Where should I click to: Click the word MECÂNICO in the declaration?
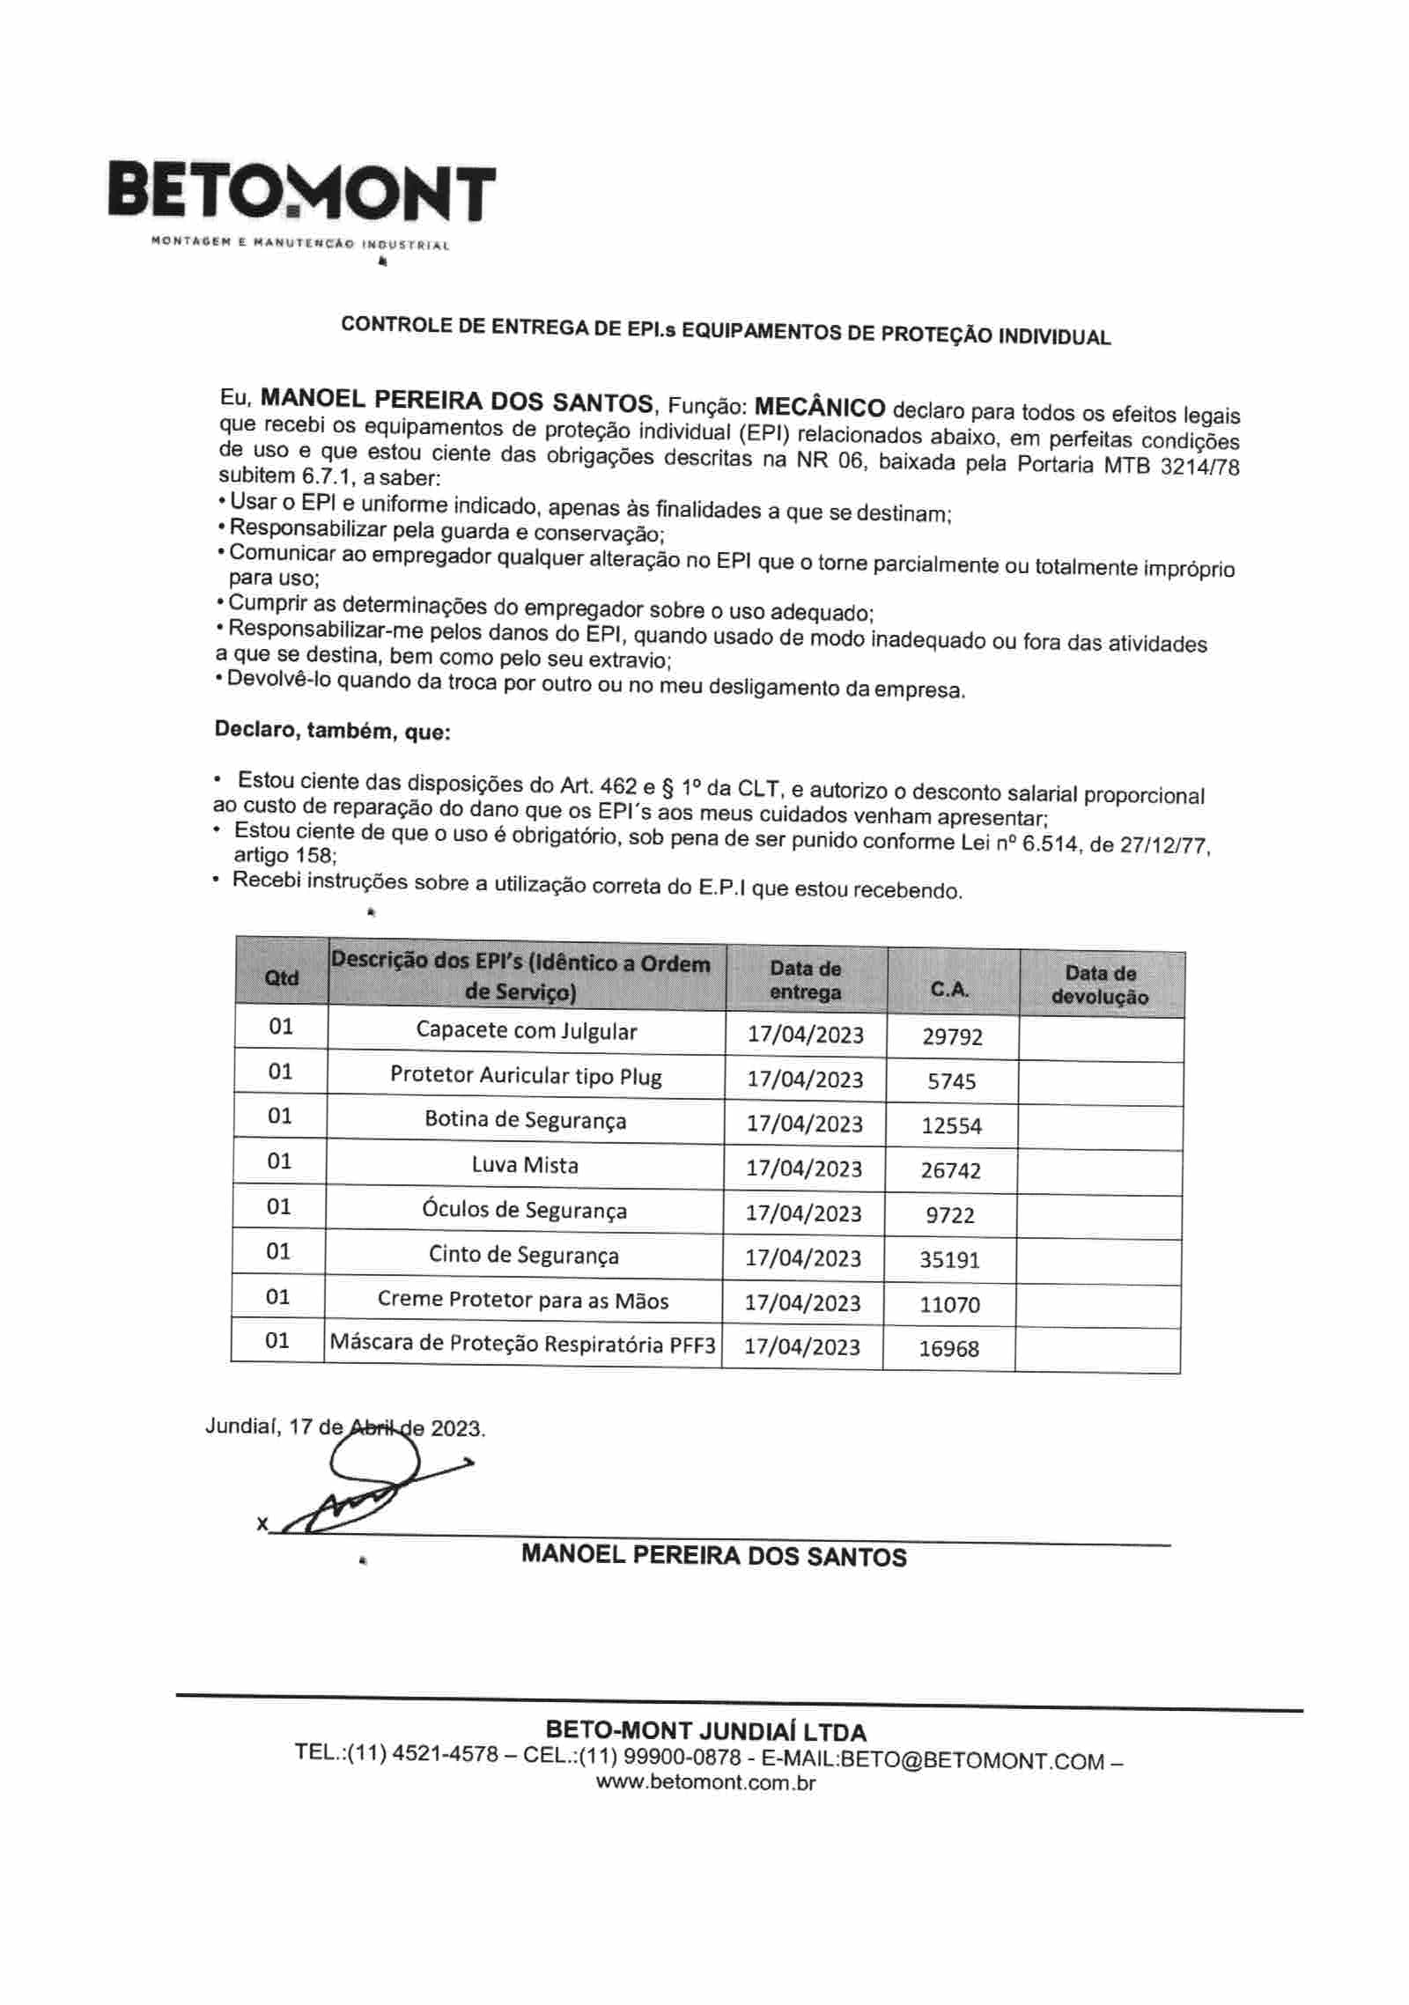(x=820, y=407)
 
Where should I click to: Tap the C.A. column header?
(x=950, y=989)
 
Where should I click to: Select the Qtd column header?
(x=282, y=977)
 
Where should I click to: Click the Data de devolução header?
(x=1100, y=985)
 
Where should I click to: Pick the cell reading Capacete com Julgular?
(x=526, y=1031)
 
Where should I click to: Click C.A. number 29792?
(x=952, y=1036)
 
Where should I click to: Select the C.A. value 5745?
(x=952, y=1081)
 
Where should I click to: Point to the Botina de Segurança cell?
(x=525, y=1120)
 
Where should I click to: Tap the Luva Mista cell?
(x=525, y=1165)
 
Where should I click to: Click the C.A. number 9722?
(x=950, y=1215)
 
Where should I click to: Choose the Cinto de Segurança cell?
(x=523, y=1255)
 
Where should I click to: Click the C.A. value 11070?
(x=949, y=1304)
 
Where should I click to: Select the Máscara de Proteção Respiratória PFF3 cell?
(x=522, y=1344)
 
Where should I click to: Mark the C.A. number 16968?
(x=948, y=1348)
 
